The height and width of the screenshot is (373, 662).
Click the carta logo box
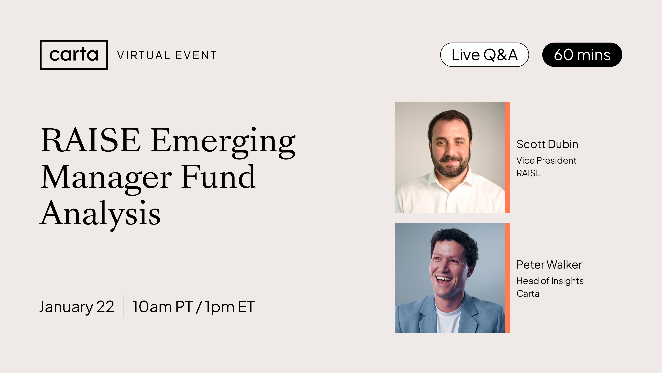pos(74,55)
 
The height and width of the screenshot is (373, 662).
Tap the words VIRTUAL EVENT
pos(167,55)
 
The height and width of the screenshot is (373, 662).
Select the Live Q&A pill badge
pos(484,55)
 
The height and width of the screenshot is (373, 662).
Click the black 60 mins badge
pos(582,55)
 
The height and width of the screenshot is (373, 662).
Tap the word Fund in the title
pos(218,177)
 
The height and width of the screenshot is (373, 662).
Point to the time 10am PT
pos(162,307)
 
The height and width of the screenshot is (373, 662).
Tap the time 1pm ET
pos(230,307)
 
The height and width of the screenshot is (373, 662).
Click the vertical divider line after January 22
pos(124,306)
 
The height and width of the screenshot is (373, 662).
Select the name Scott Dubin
pos(547,144)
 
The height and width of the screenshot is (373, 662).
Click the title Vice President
pos(546,160)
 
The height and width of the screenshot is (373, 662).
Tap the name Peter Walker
pos(549,265)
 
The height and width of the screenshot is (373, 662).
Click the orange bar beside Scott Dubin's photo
pos(507,157)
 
